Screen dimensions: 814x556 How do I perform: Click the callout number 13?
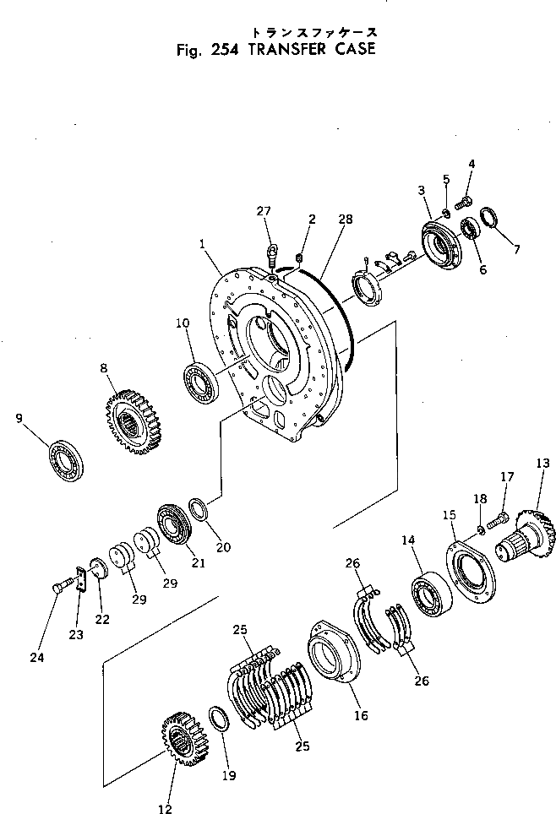[542, 463]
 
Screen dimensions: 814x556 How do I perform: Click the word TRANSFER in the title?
[286, 49]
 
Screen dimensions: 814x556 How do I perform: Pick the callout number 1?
[204, 243]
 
